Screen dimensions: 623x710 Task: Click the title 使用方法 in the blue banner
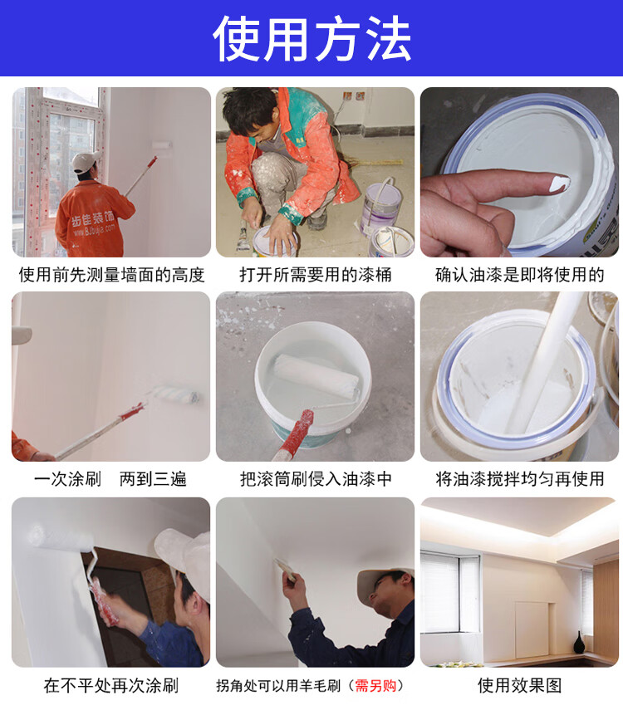pos(311,38)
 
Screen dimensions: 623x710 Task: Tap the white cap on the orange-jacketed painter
pos(86,161)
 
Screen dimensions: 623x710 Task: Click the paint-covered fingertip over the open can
pos(560,183)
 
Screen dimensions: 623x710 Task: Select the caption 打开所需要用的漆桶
pos(316,274)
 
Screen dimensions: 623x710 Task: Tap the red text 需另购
pos(375,686)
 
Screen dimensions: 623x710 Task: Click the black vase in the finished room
pos(579,642)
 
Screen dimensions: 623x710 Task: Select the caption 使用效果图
pos(519,685)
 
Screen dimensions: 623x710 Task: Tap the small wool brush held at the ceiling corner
pos(286,569)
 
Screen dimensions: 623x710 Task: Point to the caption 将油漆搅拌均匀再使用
pos(520,478)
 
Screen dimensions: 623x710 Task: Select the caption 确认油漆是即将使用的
pos(520,274)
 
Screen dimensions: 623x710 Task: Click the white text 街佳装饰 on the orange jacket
pos(93,218)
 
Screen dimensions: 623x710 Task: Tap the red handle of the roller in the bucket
pos(296,433)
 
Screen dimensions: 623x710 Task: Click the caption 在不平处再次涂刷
pos(111,685)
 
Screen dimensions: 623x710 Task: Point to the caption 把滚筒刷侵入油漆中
pos(316,478)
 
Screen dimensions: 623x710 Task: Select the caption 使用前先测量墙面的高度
pos(111,274)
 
